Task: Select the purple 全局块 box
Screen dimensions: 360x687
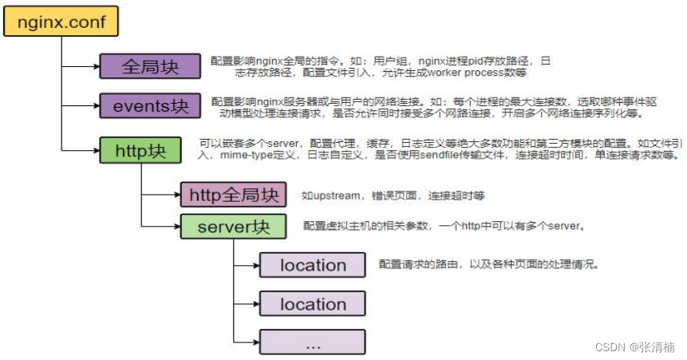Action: pos(150,66)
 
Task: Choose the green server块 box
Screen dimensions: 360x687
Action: pos(233,226)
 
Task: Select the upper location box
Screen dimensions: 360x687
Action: pos(312,264)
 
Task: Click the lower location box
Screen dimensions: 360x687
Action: pos(312,303)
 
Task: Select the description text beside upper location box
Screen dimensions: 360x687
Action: pos(488,264)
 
